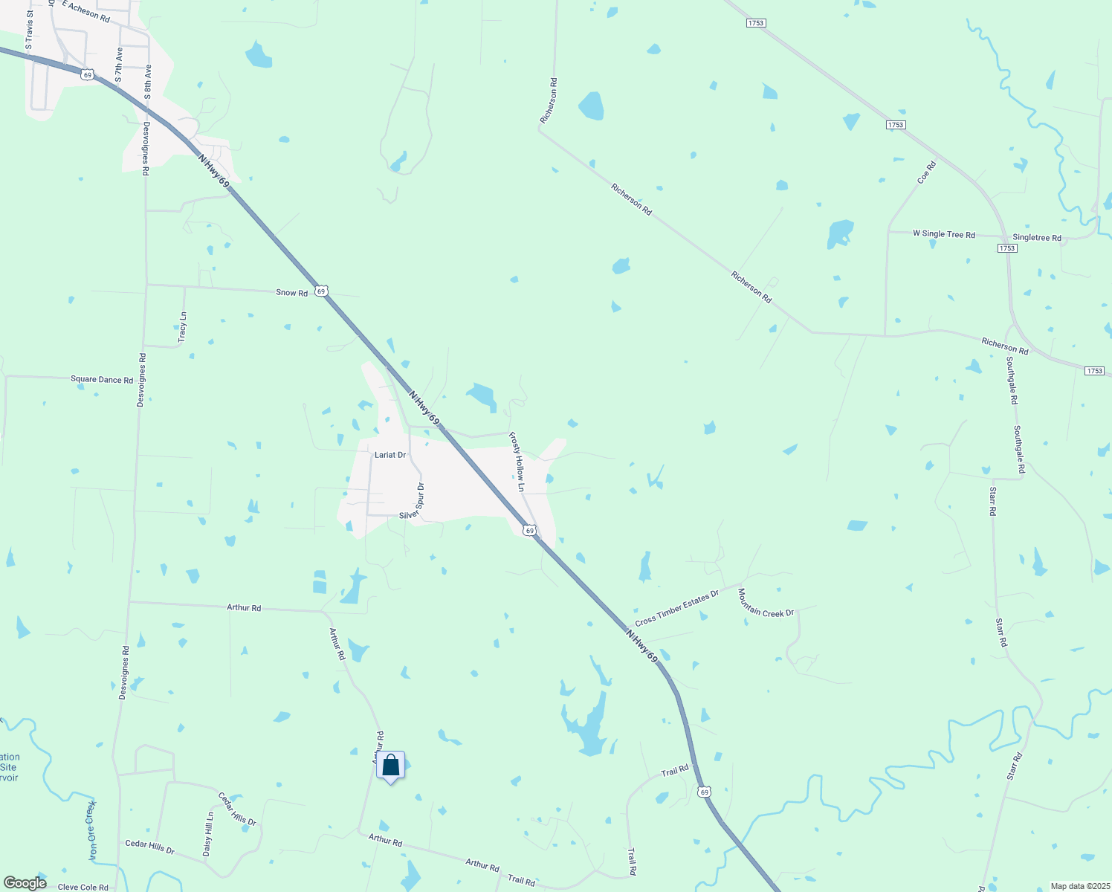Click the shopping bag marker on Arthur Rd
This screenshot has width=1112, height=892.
pyautogui.click(x=390, y=766)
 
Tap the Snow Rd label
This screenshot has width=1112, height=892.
pyautogui.click(x=291, y=293)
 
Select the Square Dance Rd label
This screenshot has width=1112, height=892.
pyautogui.click(x=102, y=379)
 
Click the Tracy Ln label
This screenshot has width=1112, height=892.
pyautogui.click(x=183, y=327)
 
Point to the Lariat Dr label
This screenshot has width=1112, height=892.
pyautogui.click(x=390, y=455)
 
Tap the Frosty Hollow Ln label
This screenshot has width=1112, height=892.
pyautogui.click(x=517, y=462)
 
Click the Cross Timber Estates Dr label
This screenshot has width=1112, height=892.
pyautogui.click(x=677, y=608)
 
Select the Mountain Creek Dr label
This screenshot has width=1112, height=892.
pyautogui.click(x=766, y=602)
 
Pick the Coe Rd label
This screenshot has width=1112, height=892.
pyautogui.click(x=926, y=172)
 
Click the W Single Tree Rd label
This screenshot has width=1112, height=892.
pyautogui.click(x=943, y=233)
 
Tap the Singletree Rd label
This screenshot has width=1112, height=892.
pyautogui.click(x=1037, y=238)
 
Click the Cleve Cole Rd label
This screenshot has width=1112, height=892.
pyautogui.click(x=83, y=887)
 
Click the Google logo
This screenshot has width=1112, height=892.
pyautogui.click(x=25, y=883)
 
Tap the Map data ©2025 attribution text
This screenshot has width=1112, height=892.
pyautogui.click(x=1079, y=886)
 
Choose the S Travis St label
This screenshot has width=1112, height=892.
pyautogui.click(x=30, y=30)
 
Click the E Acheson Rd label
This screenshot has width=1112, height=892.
pyautogui.click(x=86, y=10)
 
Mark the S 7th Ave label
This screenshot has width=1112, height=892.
pyautogui.click(x=118, y=65)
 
